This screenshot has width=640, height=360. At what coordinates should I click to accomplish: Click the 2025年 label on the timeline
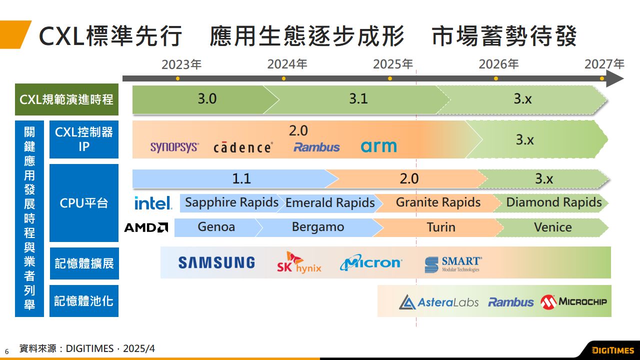click(x=393, y=64)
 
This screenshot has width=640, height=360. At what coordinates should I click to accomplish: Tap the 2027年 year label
click(x=604, y=64)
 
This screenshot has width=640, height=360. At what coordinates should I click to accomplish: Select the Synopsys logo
click(x=174, y=147)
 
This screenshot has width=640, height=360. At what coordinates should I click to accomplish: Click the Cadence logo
click(x=243, y=147)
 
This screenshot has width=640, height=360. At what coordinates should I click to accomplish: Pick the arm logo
click(x=378, y=146)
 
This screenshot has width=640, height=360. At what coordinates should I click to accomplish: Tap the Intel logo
click(x=153, y=203)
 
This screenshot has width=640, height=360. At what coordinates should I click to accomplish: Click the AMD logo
click(x=145, y=227)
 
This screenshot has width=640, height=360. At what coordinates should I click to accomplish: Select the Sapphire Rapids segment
click(x=231, y=202)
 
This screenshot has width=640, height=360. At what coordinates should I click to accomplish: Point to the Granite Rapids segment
click(x=438, y=202)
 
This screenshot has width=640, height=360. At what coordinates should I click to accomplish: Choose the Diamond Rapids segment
click(x=554, y=202)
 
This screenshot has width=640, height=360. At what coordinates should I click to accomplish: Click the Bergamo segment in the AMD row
click(x=318, y=227)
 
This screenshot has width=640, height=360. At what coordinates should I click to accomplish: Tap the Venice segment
click(x=552, y=227)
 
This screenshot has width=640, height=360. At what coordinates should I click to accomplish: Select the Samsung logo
click(x=216, y=262)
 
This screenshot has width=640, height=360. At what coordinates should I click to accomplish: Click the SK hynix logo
click(x=299, y=263)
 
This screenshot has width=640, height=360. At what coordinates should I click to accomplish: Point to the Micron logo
click(x=370, y=262)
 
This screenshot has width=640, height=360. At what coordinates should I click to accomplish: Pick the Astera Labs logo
click(x=438, y=302)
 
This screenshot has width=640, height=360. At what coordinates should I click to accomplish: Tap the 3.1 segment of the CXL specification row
click(x=358, y=99)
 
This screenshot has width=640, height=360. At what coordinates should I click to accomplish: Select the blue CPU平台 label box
click(x=84, y=203)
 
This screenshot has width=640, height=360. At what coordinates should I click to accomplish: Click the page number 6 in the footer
click(x=7, y=351)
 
